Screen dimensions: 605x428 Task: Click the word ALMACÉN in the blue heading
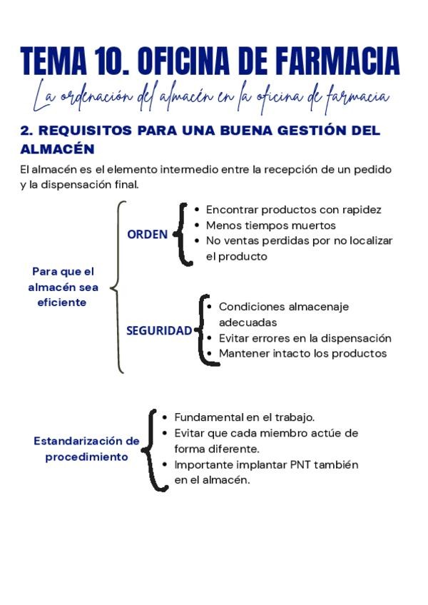[57, 149]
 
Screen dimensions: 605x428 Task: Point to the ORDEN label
[148, 234]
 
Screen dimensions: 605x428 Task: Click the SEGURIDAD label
[159, 330]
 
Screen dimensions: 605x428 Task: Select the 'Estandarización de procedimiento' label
[86, 449]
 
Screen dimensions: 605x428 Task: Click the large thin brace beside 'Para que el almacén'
[117, 287]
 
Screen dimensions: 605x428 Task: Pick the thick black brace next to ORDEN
[183, 235]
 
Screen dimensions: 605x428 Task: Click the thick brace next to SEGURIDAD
[204, 330]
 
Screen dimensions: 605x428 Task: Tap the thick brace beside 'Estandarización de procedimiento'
[151, 449]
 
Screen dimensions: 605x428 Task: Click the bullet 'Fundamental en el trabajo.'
[244, 417]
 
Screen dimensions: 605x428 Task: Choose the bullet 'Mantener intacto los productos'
[302, 353]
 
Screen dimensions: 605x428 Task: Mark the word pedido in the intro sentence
[374, 169]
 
